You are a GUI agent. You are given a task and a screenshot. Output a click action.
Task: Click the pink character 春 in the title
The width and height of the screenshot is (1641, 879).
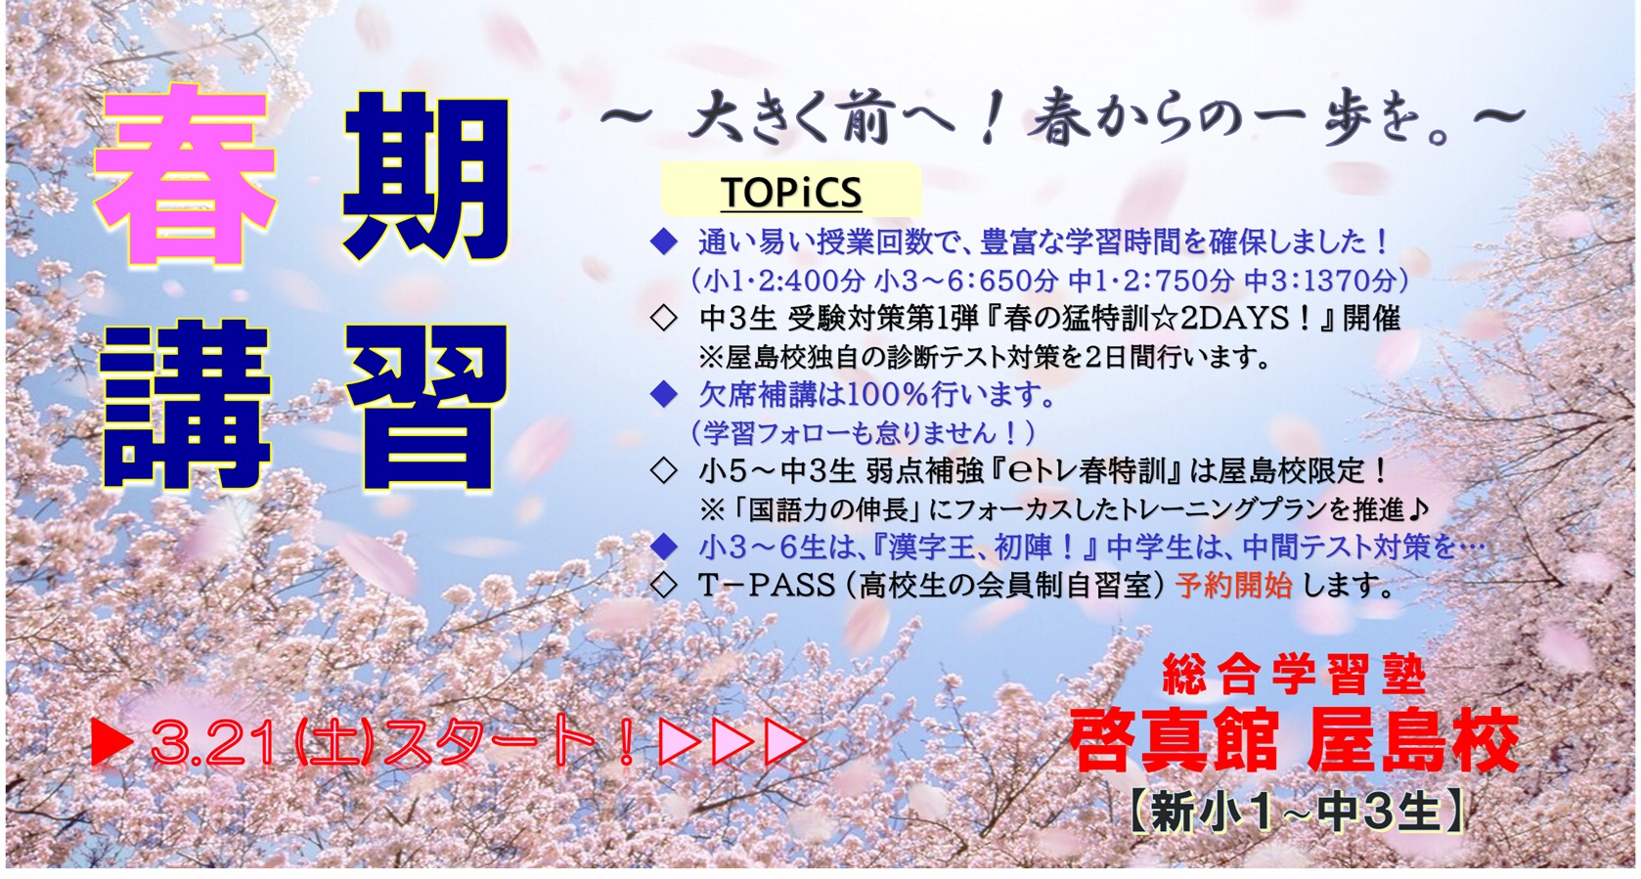186,174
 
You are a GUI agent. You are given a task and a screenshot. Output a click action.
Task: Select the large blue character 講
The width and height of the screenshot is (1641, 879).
186,405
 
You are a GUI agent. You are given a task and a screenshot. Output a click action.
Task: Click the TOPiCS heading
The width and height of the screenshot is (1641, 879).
791,192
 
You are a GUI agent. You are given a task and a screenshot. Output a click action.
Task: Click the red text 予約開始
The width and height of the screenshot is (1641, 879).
1233,586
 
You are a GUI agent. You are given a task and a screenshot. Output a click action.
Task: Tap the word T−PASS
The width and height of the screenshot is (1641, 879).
767,586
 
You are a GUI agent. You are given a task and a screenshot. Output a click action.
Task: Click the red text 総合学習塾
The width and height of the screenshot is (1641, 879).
1294,674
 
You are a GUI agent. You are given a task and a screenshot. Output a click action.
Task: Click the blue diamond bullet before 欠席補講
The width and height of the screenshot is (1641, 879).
664,395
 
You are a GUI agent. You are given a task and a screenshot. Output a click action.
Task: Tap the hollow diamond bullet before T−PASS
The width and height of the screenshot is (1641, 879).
664,586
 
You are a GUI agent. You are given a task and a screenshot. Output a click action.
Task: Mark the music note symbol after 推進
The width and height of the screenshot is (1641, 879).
1418,509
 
